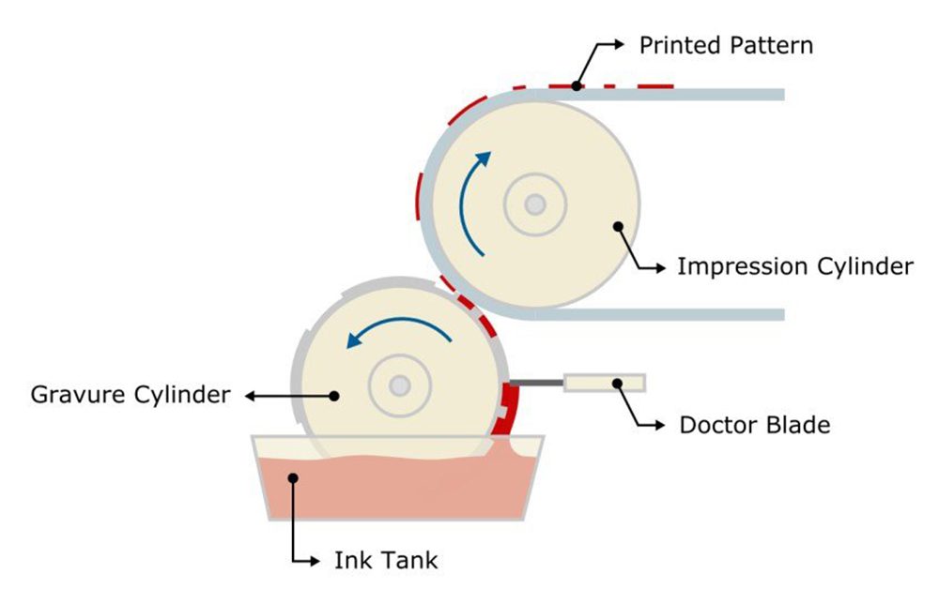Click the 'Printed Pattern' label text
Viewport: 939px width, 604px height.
725,45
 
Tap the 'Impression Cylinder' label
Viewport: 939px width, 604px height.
794,266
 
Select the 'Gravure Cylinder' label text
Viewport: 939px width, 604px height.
131,394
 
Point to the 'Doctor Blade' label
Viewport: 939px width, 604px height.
754,425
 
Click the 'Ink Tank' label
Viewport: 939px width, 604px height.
386,561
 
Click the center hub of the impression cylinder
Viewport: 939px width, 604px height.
535,204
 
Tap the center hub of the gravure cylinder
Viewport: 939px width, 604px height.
400,385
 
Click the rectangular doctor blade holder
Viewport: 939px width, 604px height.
604,383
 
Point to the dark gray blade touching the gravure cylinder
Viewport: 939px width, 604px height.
536,383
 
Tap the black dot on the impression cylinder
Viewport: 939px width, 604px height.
618,225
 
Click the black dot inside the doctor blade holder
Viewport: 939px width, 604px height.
618,383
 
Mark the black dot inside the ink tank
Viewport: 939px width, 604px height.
293,478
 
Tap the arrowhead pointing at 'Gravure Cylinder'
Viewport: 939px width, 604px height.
249,396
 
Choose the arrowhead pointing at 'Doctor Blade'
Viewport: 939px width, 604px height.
656,425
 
